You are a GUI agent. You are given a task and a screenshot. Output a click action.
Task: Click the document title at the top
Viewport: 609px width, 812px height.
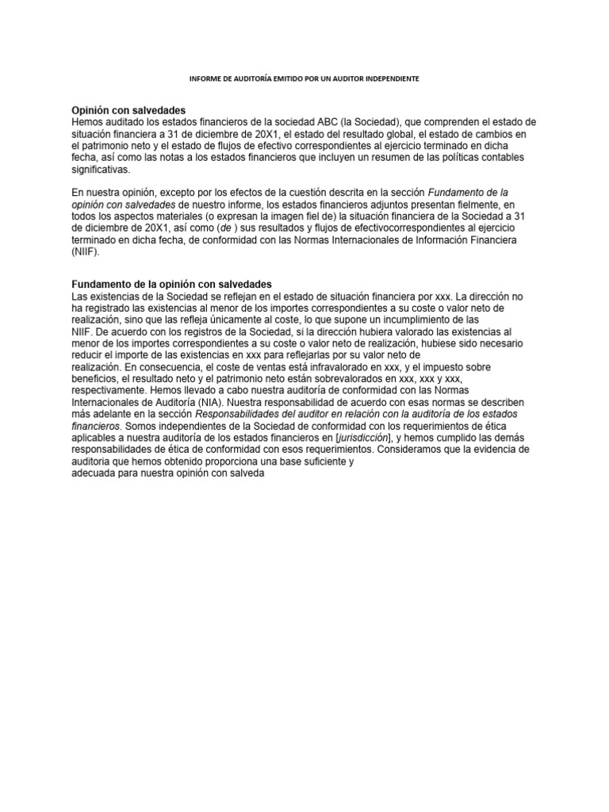(304, 80)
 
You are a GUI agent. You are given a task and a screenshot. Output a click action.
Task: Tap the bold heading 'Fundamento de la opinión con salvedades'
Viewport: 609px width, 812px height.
(172, 284)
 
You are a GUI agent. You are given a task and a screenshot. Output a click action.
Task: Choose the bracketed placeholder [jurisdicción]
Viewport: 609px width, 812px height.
(363, 437)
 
